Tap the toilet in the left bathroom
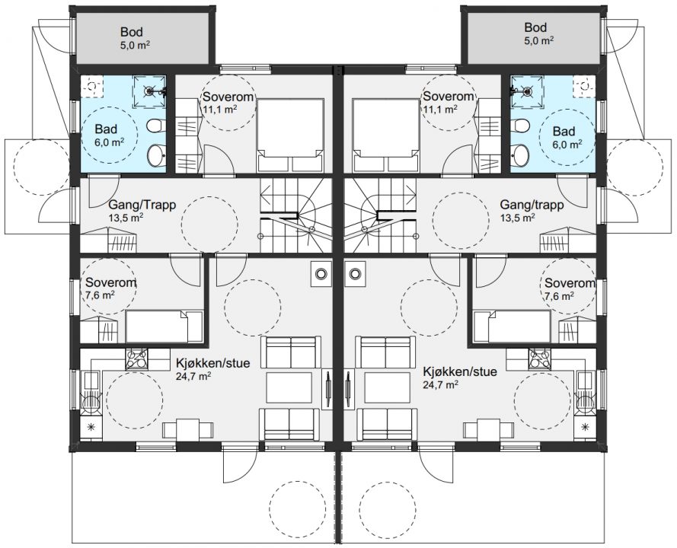[x=154, y=126]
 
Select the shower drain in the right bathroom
[x=527, y=91]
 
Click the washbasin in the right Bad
[x=520, y=155]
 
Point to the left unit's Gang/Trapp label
[x=142, y=204]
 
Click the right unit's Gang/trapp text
[x=532, y=204]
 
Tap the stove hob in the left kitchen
[x=136, y=359]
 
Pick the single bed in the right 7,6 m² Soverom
[x=512, y=327]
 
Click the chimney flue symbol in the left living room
[x=321, y=273]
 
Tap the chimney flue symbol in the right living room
[x=355, y=273]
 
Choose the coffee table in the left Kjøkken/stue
[x=289, y=387]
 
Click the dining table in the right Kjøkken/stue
[x=489, y=430]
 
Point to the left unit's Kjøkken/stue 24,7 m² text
[x=212, y=369]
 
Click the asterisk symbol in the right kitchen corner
[x=586, y=427]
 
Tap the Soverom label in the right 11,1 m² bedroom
[x=449, y=96]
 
